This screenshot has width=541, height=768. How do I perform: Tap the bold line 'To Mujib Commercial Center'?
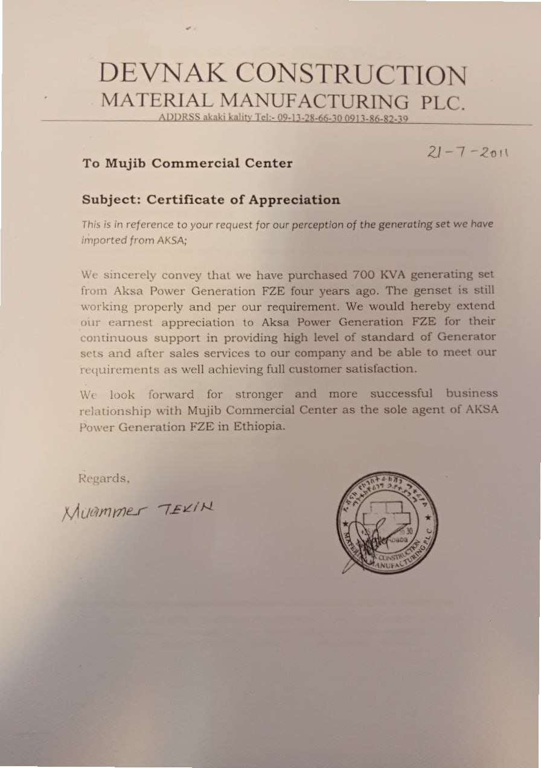(x=187, y=163)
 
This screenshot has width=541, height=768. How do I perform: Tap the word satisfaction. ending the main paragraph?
(x=380, y=368)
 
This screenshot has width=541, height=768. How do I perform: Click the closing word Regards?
(x=104, y=479)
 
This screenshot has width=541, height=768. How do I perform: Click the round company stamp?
(x=387, y=522)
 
